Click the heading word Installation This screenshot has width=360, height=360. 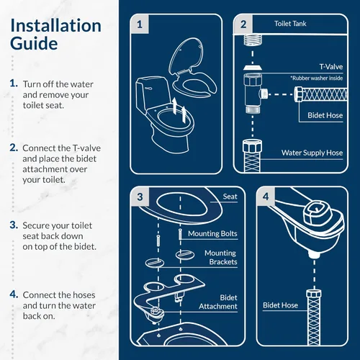[x=55, y=26]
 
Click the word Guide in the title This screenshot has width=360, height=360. [x=34, y=44]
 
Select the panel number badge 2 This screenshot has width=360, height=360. [x=243, y=24]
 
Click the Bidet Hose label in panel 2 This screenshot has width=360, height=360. [x=323, y=115]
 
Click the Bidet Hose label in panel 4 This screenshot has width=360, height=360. [x=281, y=305]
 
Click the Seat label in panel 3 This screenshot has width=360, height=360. [x=230, y=197]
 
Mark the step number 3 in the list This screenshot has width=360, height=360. [x=14, y=225]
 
